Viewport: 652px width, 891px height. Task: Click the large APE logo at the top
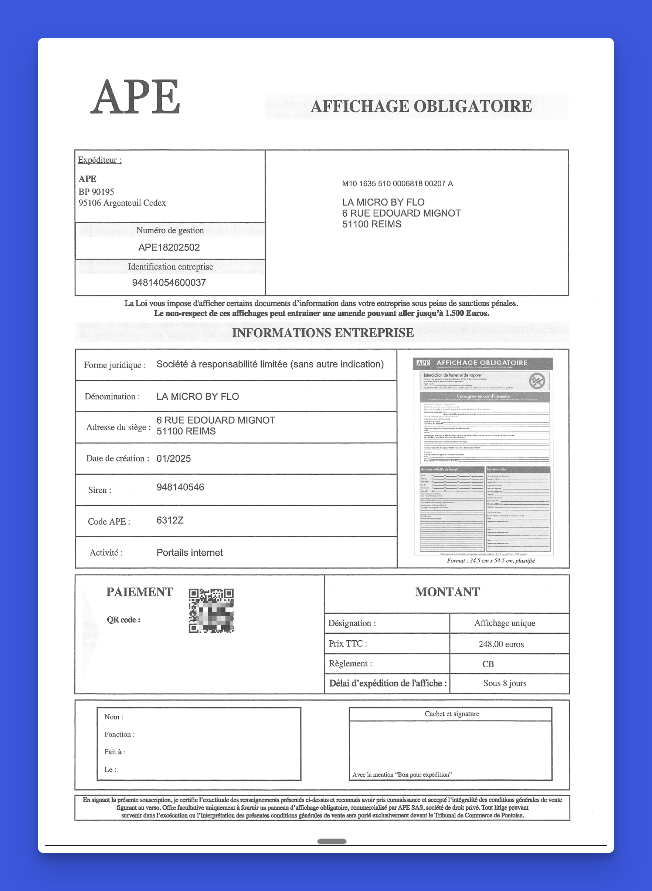point(135,97)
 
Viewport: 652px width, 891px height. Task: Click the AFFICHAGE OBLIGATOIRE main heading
point(421,106)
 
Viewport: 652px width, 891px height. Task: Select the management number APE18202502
point(169,248)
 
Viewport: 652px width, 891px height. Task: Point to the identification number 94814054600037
point(169,283)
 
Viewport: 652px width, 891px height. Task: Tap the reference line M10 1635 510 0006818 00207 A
point(397,184)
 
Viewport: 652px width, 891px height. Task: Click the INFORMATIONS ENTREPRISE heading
point(323,333)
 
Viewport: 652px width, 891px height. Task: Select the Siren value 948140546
point(180,487)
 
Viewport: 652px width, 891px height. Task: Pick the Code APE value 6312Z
point(170,520)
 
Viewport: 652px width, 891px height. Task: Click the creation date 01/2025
point(173,459)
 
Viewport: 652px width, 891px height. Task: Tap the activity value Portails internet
point(190,553)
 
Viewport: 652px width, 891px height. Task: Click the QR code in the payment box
point(211,611)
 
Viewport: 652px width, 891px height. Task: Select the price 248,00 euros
point(501,644)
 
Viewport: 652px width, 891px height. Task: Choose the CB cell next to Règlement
point(488,664)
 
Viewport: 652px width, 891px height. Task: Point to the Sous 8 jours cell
point(505,683)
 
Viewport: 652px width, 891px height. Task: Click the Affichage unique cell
point(505,623)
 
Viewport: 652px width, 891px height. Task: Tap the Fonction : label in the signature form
point(119,734)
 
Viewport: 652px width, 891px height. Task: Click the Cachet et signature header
point(452,714)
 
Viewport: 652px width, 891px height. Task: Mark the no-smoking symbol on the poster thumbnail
point(537,381)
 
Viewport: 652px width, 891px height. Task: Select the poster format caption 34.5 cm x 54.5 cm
point(490,560)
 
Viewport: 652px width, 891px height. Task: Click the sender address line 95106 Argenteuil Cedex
point(122,203)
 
